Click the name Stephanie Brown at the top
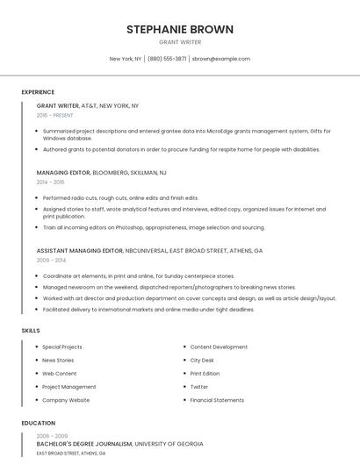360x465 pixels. pyautogui.click(x=179, y=29)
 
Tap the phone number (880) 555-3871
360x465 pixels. pyautogui.click(x=167, y=59)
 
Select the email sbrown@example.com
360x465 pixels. pyautogui.click(x=221, y=59)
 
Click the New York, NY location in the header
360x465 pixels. pyautogui.click(x=126, y=59)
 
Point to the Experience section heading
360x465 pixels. pyautogui.click(x=38, y=92)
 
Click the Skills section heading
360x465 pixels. pyautogui.click(x=31, y=330)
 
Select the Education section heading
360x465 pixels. pyautogui.click(x=39, y=423)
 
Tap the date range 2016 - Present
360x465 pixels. pyautogui.click(x=55, y=115)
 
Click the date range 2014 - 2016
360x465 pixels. pyautogui.click(x=51, y=182)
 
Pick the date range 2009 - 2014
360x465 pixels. pyautogui.click(x=51, y=261)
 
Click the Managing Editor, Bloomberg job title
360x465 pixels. pyautogui.click(x=101, y=173)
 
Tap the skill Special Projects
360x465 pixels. pyautogui.click(x=62, y=347)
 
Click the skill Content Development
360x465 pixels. pyautogui.click(x=219, y=347)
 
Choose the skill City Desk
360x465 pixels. pyautogui.click(x=202, y=360)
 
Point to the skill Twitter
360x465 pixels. pyautogui.click(x=199, y=387)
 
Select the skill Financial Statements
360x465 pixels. pyautogui.click(x=217, y=400)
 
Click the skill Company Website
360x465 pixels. pyautogui.click(x=66, y=400)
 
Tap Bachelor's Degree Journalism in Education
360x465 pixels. pyautogui.click(x=84, y=444)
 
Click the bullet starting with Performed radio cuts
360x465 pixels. pyautogui.click(x=120, y=198)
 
